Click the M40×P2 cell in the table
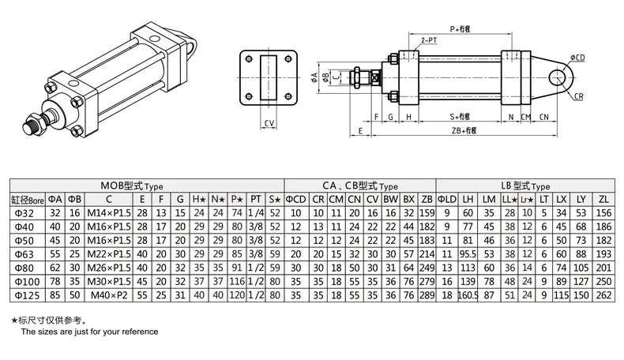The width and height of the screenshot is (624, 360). point(109,294)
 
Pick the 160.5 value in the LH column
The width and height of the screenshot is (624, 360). point(468,294)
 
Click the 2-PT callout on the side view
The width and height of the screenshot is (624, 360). point(430,39)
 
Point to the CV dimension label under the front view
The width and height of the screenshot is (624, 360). point(269,123)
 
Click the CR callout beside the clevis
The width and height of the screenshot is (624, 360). point(578,96)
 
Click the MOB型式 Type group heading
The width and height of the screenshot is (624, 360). point(145,186)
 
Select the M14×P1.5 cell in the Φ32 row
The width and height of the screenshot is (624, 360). point(109,214)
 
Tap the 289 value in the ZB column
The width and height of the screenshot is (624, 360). point(427,294)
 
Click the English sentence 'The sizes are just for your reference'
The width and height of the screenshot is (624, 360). point(89,332)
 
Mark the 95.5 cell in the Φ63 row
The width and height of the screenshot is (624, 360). point(468,254)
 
